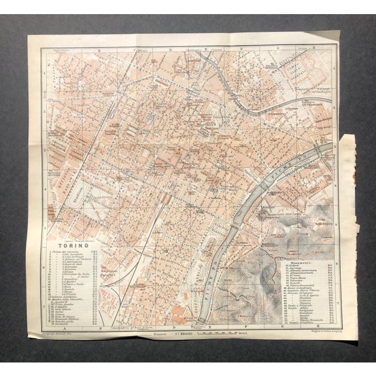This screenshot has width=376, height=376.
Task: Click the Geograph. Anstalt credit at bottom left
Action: (x=59, y=330)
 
